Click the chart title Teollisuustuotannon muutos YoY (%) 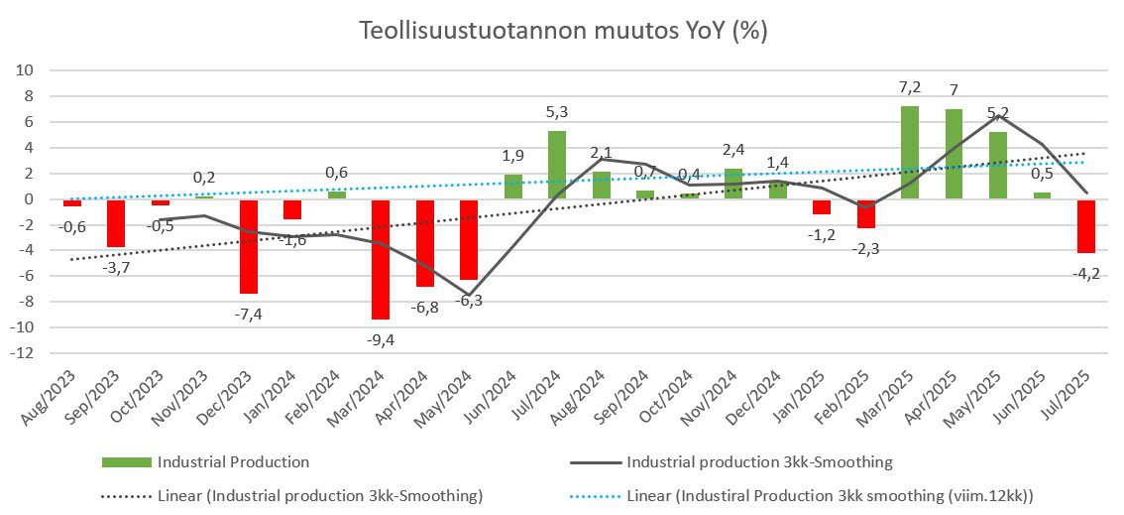point(562,31)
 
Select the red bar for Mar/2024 point(380,259)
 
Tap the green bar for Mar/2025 point(909,153)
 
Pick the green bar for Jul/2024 point(557,165)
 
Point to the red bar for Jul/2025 point(1085,226)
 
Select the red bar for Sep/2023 point(115,223)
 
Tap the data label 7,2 point(909,88)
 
